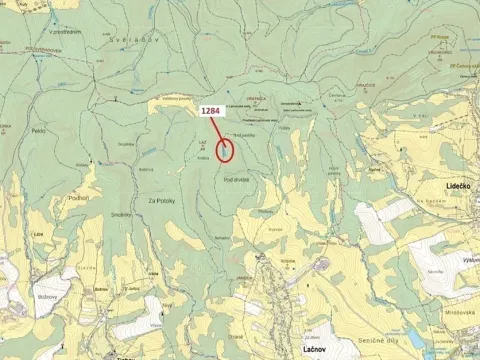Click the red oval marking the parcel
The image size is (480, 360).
tap(226, 150)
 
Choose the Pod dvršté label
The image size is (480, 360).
tap(236, 177)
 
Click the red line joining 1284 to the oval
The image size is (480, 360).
tap(220, 129)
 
